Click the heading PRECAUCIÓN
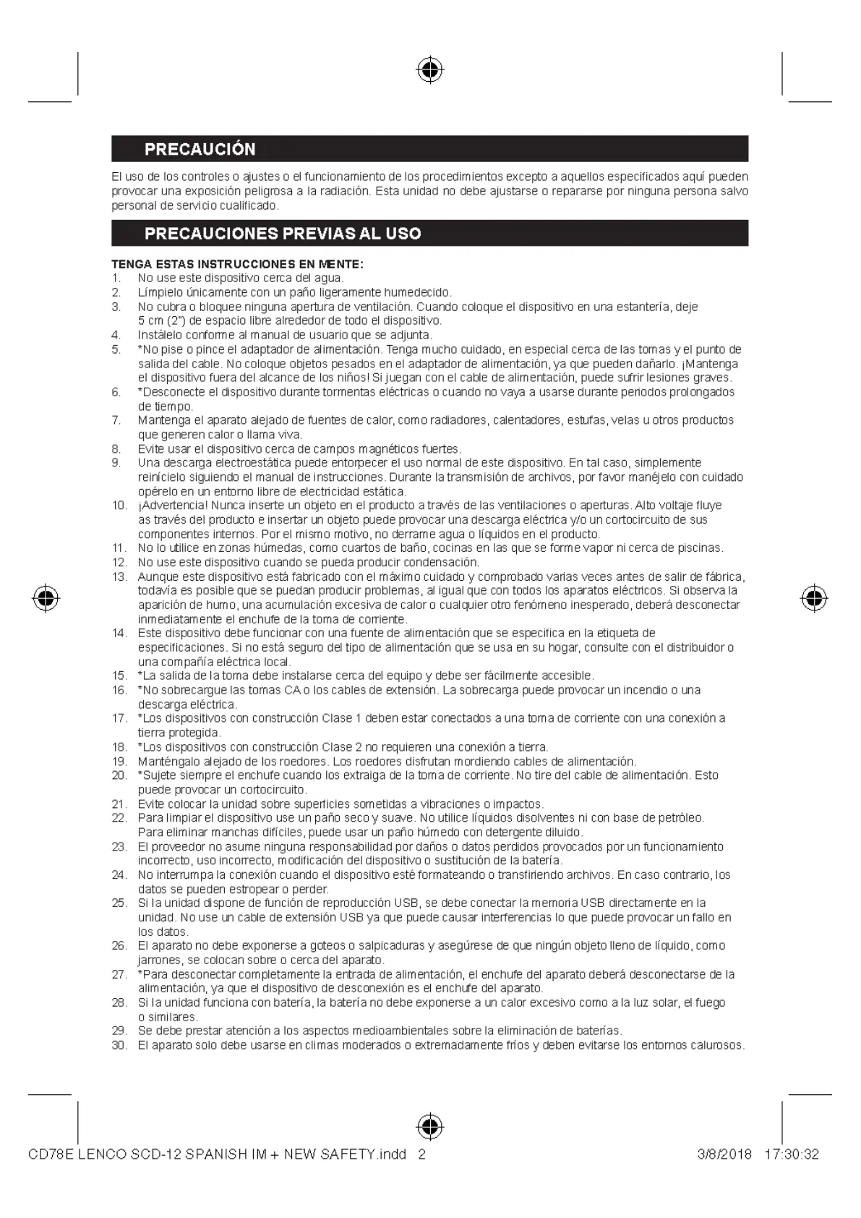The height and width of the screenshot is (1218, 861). pyautogui.click(x=200, y=149)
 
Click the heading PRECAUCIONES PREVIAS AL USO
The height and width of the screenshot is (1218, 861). pyautogui.click(x=283, y=233)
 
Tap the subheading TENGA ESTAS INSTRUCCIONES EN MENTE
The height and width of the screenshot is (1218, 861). pyautogui.click(x=237, y=264)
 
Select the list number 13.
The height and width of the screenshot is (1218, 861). pyautogui.click(x=119, y=576)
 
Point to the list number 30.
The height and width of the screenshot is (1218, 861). pyautogui.click(x=119, y=1045)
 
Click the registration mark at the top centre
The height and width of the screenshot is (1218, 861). pyautogui.click(x=430, y=70)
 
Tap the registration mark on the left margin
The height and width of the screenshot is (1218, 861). pyautogui.click(x=46, y=598)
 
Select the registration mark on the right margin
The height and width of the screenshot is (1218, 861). pyautogui.click(x=814, y=598)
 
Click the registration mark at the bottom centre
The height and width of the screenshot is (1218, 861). pyautogui.click(x=430, y=1126)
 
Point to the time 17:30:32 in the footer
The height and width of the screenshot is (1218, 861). pyautogui.click(x=791, y=1154)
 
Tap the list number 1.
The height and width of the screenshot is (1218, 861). pyautogui.click(x=116, y=278)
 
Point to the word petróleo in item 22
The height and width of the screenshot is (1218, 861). pyautogui.click(x=682, y=818)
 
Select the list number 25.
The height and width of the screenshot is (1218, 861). pyautogui.click(x=119, y=903)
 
